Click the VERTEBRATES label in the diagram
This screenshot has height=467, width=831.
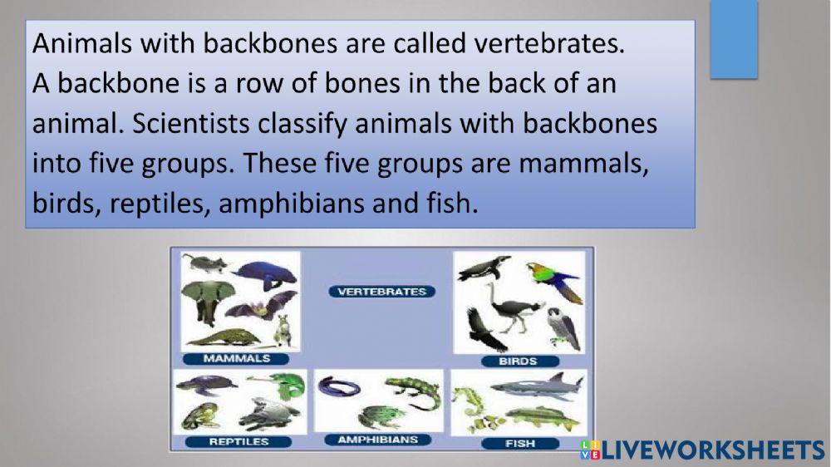tap(381, 292)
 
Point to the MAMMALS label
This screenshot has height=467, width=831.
tap(237, 358)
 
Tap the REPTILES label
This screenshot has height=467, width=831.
tap(239, 441)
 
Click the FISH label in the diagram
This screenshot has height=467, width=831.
tap(520, 443)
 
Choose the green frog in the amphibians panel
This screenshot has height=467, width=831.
tap(376, 415)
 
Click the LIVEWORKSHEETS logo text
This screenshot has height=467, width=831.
tap(711, 450)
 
